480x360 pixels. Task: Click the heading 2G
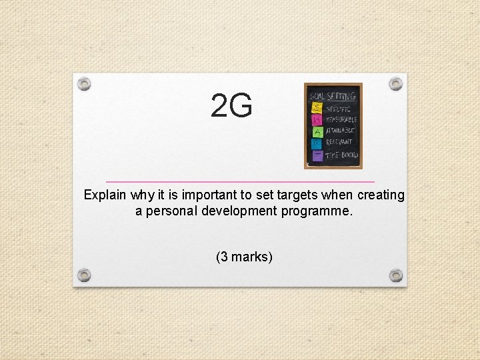point(231,107)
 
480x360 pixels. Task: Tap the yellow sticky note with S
point(317,107)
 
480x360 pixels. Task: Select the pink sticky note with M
point(317,119)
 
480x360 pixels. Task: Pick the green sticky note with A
point(317,131)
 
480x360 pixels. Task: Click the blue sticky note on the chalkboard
point(317,143)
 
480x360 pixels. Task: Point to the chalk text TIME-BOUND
point(342,155)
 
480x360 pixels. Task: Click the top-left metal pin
point(83,84)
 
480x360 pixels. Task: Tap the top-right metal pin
point(396,84)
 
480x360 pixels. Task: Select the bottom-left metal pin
point(83,275)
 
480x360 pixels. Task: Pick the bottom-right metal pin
point(396,275)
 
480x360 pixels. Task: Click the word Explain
point(105,195)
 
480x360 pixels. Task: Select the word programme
point(317,211)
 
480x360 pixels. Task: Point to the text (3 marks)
point(244,257)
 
